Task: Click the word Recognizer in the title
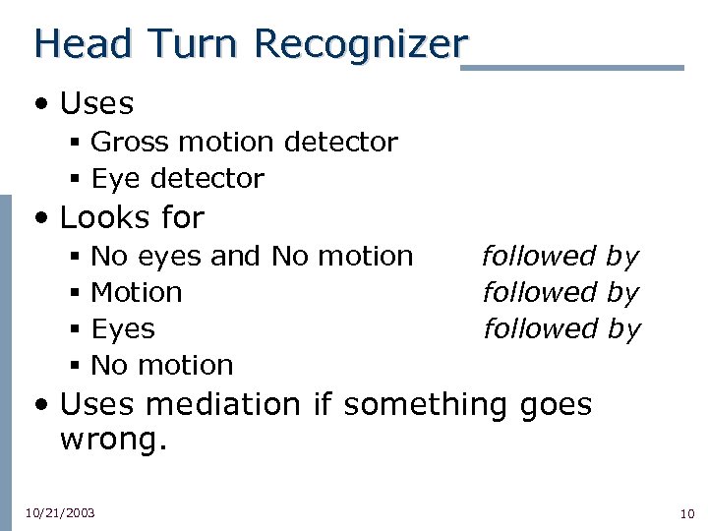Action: coord(360,45)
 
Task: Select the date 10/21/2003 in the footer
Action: coord(60,513)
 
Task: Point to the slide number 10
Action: coord(686,513)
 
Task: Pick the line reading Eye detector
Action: coord(177,179)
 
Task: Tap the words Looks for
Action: coord(132,217)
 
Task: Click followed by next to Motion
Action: coord(560,293)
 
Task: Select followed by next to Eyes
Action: coord(560,329)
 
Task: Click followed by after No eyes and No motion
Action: coord(560,257)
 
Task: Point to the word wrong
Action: coord(113,439)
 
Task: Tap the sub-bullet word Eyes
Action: coord(123,328)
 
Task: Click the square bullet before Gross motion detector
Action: coord(75,144)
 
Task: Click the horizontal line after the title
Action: coord(572,68)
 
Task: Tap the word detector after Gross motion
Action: coord(340,143)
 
